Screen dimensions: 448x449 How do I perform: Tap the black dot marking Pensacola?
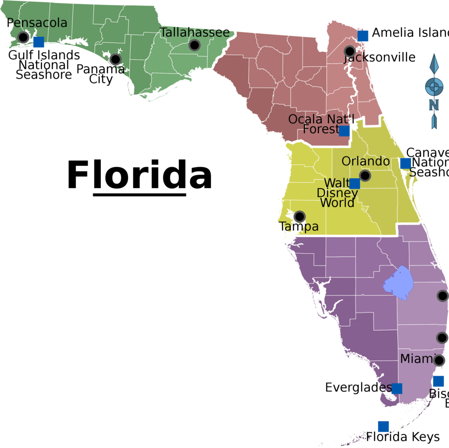coord(23,37)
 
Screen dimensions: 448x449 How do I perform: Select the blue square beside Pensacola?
coord(39,42)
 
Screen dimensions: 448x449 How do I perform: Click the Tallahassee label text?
coord(195,32)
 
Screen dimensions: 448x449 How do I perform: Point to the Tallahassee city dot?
coord(195,45)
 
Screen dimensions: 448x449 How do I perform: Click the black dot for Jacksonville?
coord(349,51)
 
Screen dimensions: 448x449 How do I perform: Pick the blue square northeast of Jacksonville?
coord(363,36)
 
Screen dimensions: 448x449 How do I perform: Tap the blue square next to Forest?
coord(344,131)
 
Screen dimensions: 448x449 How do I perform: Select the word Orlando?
coord(366,161)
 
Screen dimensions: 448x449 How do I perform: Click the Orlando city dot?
coord(365,176)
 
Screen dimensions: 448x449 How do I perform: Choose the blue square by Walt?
coord(355,183)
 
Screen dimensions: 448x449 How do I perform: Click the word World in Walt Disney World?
coord(337,203)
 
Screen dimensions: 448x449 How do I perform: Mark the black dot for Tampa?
coord(299,216)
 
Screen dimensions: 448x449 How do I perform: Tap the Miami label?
coord(417,358)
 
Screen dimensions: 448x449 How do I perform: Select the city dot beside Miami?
coord(439,360)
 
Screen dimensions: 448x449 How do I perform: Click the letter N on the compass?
coord(434,105)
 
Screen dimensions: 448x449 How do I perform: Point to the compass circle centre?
coord(434,86)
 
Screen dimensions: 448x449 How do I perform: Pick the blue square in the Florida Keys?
coord(383,426)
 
